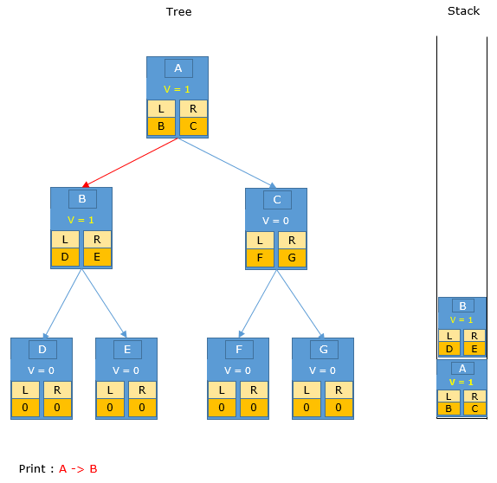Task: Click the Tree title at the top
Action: click(178, 12)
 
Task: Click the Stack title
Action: click(463, 11)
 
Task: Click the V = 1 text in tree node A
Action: click(177, 89)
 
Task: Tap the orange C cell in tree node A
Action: click(193, 126)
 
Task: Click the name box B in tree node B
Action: click(82, 199)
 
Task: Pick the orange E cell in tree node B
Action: click(97, 257)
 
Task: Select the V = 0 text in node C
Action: click(275, 221)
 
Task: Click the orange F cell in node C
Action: click(260, 258)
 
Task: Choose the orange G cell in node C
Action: click(292, 258)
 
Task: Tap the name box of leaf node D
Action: click(42, 350)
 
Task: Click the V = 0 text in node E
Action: click(126, 370)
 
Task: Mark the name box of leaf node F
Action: click(239, 350)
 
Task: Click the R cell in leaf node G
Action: click(339, 390)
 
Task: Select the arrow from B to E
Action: click(104, 303)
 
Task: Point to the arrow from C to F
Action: click(258, 304)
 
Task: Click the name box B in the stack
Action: click(462, 306)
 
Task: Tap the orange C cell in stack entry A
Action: click(474, 409)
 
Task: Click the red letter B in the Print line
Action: click(94, 469)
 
